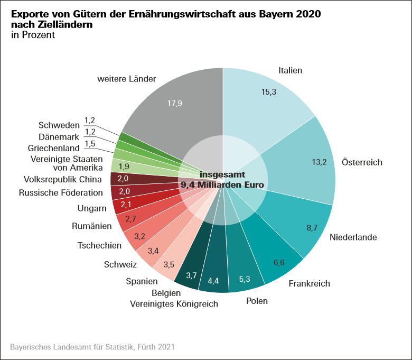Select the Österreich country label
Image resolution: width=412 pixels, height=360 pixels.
[362, 162]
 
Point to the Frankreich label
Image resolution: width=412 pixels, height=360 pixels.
[309, 283]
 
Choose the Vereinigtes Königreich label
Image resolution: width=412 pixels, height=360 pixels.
[174, 303]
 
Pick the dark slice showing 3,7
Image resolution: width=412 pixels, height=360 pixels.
[191, 275]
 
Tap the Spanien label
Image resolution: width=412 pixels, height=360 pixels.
[142, 281]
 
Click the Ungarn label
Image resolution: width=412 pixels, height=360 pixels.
[92, 208]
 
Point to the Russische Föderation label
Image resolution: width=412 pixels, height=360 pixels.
[61, 193]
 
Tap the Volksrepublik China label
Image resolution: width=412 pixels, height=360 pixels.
[63, 179]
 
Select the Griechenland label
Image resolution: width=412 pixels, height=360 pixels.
[54, 148]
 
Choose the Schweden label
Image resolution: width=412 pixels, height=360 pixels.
[59, 125]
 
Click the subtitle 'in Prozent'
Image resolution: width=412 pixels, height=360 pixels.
[32, 35]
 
